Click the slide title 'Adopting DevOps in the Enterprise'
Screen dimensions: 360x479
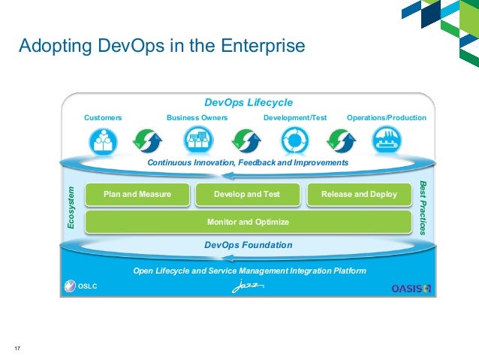(161, 47)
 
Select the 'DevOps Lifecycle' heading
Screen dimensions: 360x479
(249, 103)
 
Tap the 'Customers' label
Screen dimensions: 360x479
(103, 118)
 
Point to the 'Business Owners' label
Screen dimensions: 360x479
(197, 118)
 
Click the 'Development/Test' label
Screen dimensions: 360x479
(296, 118)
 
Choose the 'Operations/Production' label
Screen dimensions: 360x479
(386, 118)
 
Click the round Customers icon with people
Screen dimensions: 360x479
(104, 141)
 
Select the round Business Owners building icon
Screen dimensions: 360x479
(198, 141)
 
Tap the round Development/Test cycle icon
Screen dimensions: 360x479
(294, 141)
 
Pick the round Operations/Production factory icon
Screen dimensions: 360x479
(387, 141)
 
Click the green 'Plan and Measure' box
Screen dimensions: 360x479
(137, 195)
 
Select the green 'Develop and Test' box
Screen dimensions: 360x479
(247, 195)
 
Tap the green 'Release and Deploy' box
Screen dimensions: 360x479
(359, 195)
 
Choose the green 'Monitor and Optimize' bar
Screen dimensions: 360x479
(248, 222)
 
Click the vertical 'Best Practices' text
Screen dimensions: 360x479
(423, 208)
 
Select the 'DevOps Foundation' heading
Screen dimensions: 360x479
(249, 245)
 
